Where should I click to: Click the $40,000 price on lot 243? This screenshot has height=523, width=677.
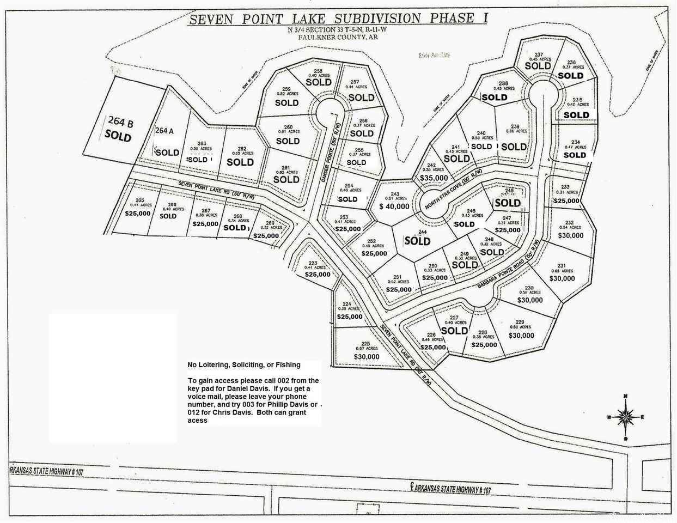point(394,206)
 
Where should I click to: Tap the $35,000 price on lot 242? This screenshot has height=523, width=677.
point(434,178)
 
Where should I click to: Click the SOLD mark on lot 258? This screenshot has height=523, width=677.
point(319,82)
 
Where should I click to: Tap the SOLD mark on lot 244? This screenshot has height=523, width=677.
point(417,240)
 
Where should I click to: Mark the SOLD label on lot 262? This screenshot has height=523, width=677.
point(240,162)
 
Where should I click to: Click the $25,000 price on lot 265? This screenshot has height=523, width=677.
point(138,214)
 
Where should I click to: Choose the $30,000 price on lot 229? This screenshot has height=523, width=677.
point(521,336)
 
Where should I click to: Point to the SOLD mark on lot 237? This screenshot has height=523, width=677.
point(538,66)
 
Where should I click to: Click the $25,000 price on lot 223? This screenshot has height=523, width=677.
point(317,275)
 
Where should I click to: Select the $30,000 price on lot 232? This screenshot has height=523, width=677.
point(570,236)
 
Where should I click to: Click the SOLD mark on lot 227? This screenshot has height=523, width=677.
point(454,330)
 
